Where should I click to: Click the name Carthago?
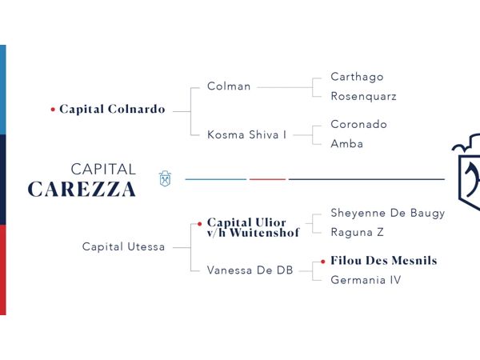tap(357, 77)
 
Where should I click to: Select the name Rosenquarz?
tap(364, 97)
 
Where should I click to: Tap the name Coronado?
tap(358, 124)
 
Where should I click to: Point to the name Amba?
tap(347, 143)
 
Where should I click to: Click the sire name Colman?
tap(229, 86)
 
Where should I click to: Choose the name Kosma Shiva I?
tap(246, 134)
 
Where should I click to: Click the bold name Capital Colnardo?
tap(112, 110)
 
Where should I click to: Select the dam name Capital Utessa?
tap(123, 246)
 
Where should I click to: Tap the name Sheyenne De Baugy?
tap(388, 214)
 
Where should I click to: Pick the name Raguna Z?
tap(357, 232)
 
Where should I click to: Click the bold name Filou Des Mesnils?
tap(384, 261)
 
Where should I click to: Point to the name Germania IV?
tap(366, 280)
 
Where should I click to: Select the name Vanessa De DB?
tap(250, 270)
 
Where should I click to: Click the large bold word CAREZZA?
tap(82, 189)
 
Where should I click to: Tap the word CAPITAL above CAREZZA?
tap(103, 170)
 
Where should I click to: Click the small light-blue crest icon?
tap(165, 178)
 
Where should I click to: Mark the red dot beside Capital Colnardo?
tap(53, 110)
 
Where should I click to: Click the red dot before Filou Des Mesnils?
tap(323, 262)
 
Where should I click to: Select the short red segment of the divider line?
tap(267, 179)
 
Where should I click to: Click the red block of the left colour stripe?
tap(3, 270)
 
